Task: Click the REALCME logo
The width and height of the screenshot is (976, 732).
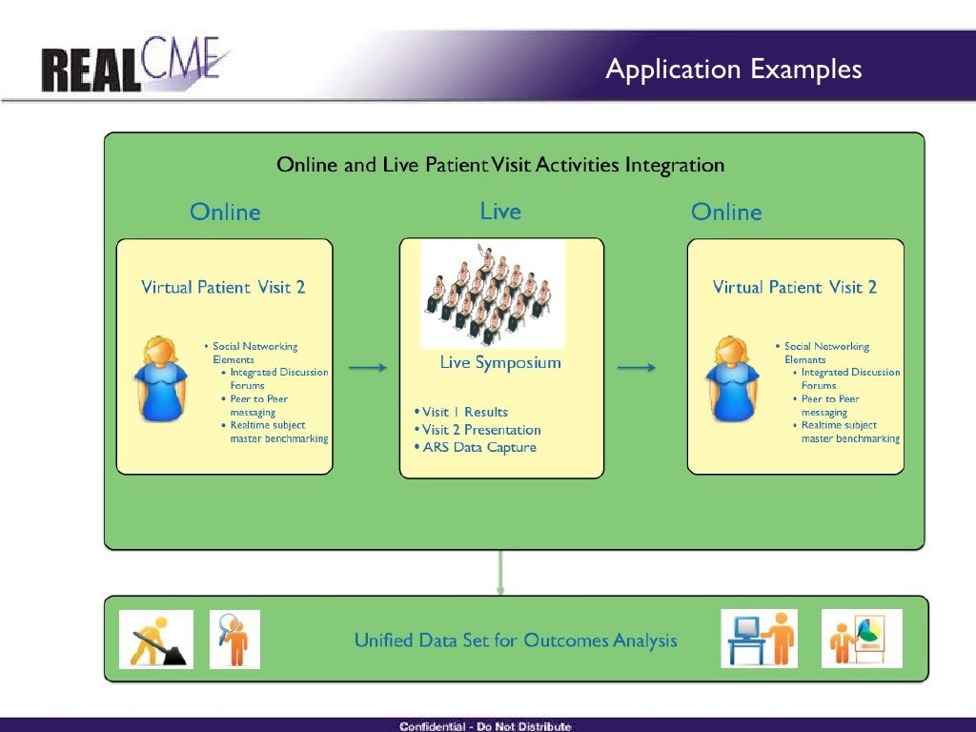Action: point(134,65)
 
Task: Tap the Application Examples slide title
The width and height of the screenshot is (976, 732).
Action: point(734,70)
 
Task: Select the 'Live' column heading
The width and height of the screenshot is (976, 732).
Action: point(500,211)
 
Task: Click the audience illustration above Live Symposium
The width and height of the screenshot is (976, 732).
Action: point(492,294)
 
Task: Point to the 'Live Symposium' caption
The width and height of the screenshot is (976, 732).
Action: point(500,363)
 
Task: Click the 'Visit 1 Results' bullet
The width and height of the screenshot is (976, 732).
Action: point(461,413)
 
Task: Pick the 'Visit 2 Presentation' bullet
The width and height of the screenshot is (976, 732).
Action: point(478,430)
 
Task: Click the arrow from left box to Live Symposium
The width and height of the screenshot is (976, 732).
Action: point(367,367)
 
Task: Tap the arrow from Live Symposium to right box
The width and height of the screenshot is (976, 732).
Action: point(637,367)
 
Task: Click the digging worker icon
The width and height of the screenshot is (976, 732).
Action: point(155,639)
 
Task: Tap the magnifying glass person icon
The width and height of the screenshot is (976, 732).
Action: point(234,639)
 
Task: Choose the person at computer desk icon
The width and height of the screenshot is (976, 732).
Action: point(759,639)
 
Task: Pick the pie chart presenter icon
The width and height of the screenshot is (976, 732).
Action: point(861,639)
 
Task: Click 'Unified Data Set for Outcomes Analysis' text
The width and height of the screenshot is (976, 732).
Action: point(516,640)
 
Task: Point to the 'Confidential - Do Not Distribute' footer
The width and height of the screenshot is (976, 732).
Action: point(485,726)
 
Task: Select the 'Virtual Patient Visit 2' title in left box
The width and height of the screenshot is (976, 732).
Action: point(223,287)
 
